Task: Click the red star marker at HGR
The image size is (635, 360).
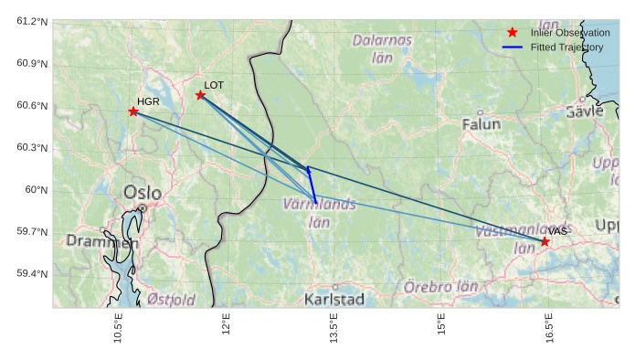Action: point(133,111)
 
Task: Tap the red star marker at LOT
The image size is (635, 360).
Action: point(200,95)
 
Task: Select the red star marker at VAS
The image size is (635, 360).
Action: point(545,242)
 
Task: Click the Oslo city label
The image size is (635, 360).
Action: point(142,193)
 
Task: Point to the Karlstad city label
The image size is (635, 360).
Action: point(334,299)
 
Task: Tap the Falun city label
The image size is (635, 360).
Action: point(482,123)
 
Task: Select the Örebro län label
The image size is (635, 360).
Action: point(441,287)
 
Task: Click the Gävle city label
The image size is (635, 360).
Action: point(585,111)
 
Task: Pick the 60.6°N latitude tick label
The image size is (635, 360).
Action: point(31,106)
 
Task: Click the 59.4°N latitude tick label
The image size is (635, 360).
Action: point(31,274)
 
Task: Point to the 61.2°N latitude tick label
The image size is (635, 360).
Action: point(31,21)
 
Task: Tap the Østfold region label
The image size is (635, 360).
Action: point(171,300)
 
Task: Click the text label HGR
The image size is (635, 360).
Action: point(147,101)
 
